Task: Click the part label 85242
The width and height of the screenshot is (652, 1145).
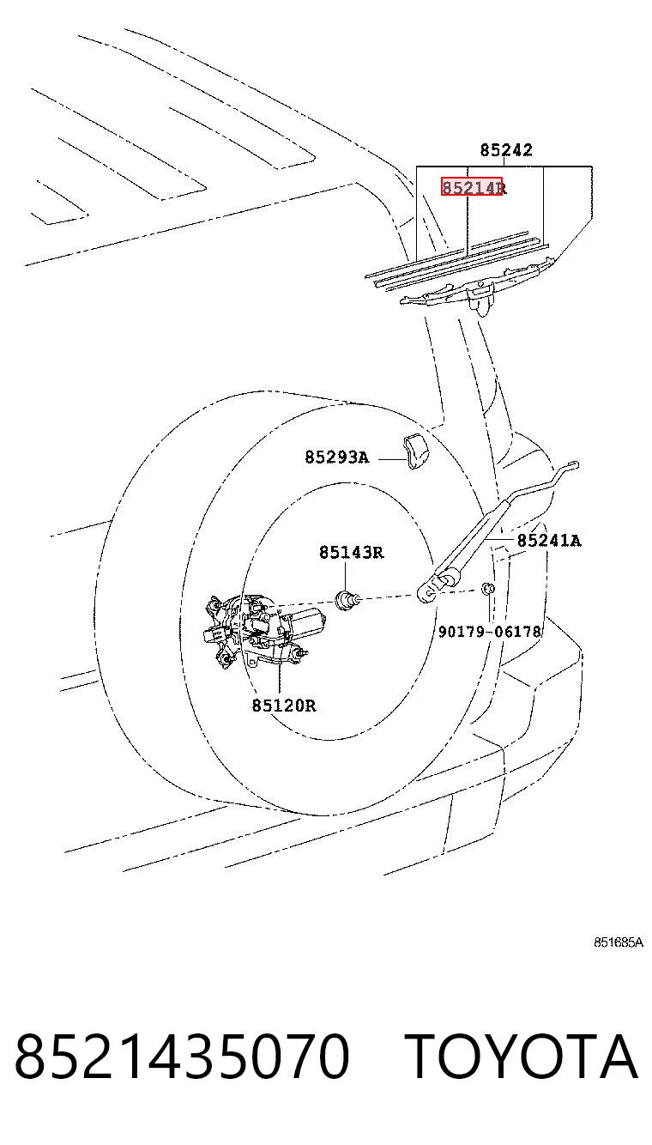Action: (x=506, y=149)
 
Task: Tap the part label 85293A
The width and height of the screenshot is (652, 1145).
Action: (x=337, y=457)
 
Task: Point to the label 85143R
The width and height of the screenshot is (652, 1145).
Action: (x=351, y=552)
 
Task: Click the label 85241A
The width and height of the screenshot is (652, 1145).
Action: (x=549, y=540)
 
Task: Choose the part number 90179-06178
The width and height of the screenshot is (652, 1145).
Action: (x=490, y=632)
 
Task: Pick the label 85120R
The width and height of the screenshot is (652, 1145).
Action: (x=284, y=706)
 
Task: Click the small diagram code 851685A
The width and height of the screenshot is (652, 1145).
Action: (x=619, y=942)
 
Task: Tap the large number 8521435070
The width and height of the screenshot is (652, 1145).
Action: (x=182, y=1056)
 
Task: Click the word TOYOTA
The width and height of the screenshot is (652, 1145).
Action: (x=522, y=1056)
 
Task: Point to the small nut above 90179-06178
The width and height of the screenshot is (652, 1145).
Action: (x=488, y=589)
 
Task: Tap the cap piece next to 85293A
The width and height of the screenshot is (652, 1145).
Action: (x=415, y=451)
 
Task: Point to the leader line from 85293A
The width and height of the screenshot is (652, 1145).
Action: (x=391, y=459)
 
